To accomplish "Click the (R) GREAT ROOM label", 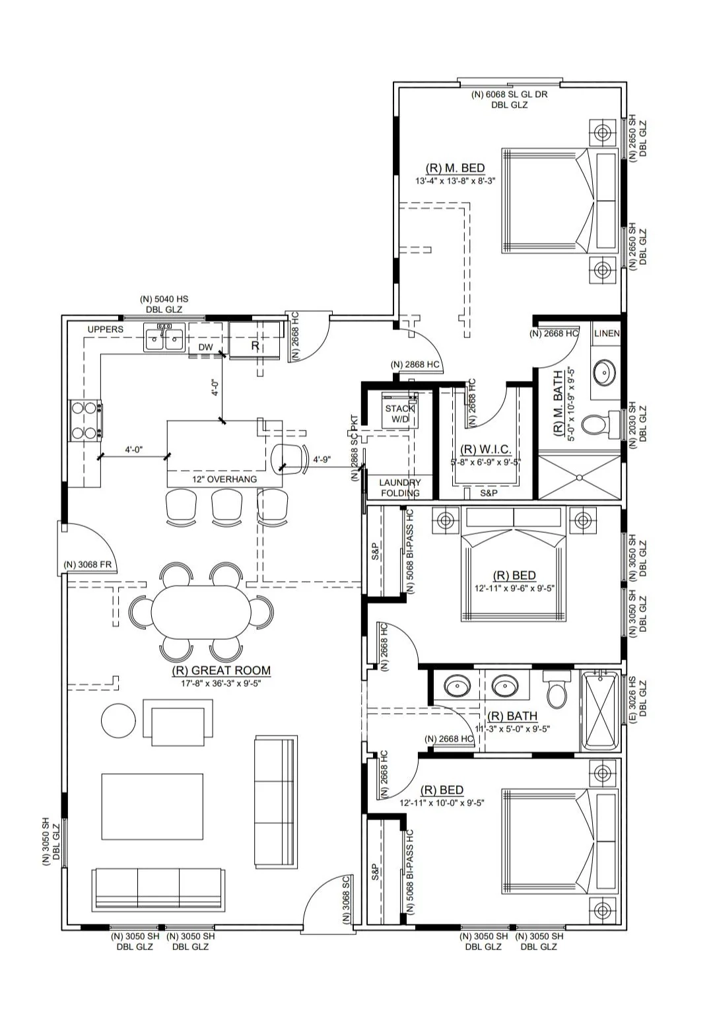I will [221, 671].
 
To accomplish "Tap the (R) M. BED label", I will [456, 168].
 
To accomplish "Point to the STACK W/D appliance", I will [400, 414].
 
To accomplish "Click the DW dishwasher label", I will [205, 347].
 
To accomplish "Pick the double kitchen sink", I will [164, 339].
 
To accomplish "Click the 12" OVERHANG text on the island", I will [224, 479].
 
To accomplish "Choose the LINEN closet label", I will [607, 333].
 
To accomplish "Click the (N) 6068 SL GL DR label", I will [509, 94].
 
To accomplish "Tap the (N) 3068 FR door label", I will [90, 564].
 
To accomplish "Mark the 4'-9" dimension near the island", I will [322, 459].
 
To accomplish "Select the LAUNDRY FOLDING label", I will [400, 488].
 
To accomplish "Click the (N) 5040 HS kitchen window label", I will [164, 300].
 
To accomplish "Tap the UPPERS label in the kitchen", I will [106, 329].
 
